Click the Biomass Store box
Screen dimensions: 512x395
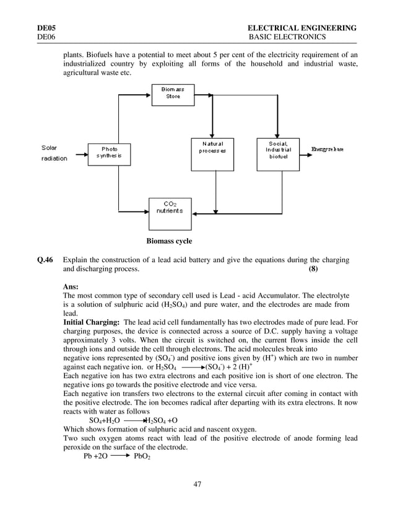[173, 95]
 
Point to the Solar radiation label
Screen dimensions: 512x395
[54, 153]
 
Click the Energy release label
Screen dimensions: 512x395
[327, 149]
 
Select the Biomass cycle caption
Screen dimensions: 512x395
[169, 241]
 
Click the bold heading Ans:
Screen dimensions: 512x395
[71, 287]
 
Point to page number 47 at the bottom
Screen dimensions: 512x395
[197, 484]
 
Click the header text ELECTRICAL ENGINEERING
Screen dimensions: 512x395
[302, 28]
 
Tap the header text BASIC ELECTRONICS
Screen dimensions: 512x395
[287, 37]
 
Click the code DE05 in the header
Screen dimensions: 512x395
[46, 28]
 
